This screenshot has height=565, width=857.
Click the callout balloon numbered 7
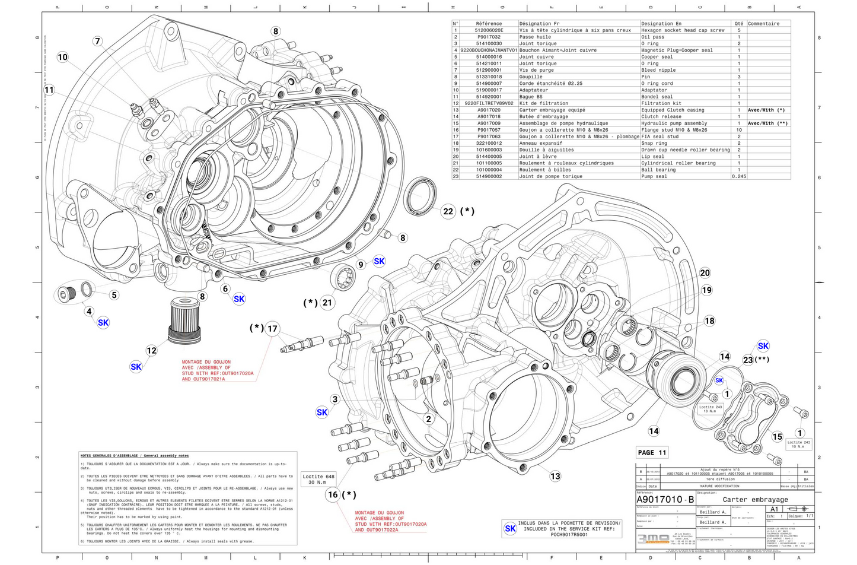pos(97,41)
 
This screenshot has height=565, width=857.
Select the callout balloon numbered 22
pos(448,211)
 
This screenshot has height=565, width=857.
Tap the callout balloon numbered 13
pos(555,476)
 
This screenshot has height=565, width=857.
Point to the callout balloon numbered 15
pos(778,437)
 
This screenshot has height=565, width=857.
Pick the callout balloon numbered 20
pos(705,273)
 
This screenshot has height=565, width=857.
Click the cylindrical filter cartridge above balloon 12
pos(184,320)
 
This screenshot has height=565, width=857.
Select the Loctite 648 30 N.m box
pos(318,479)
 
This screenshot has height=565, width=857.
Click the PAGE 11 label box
pos(652,452)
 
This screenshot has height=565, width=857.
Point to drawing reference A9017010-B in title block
pos(665,500)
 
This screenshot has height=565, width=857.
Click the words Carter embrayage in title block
pos(755,500)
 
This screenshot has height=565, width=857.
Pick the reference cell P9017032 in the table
pos(489,37)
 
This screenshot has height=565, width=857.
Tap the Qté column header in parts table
pos(738,24)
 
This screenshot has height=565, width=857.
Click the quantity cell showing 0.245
pos(738,176)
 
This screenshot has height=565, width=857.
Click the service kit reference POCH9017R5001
pos(569,534)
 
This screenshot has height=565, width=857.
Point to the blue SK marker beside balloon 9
pos(379,261)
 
